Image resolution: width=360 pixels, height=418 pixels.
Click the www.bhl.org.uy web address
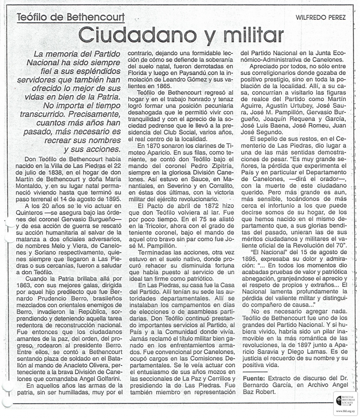pos(347,412)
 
